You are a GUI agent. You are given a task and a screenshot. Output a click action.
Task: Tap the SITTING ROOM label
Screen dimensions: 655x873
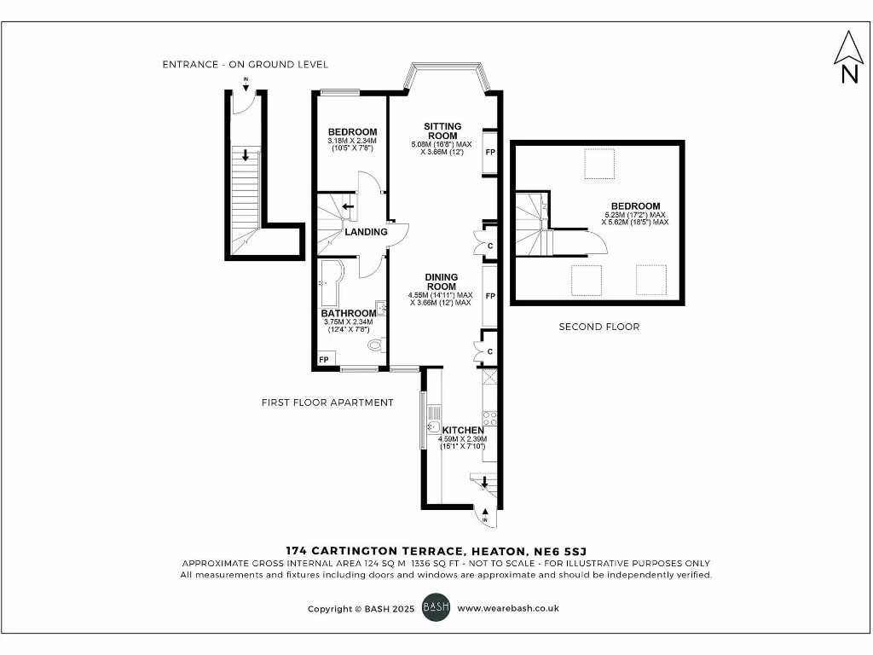[442, 131]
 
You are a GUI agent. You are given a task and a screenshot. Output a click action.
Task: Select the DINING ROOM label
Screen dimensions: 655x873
[442, 282]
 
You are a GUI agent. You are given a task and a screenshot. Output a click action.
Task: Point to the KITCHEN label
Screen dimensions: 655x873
[463, 431]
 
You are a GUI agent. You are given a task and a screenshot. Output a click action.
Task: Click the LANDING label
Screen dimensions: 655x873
[366, 232]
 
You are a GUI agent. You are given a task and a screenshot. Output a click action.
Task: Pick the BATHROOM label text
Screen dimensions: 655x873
[348, 314]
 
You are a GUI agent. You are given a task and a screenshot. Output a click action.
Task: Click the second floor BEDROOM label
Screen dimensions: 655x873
[635, 206]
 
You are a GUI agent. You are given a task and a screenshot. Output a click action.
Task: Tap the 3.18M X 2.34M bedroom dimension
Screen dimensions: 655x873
[352, 141]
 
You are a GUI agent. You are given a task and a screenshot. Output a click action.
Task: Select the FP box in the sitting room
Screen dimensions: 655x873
[490, 152]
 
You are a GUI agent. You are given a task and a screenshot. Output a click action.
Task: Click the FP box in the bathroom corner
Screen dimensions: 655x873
[324, 361]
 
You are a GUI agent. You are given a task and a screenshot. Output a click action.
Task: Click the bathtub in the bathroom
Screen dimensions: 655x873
[327, 284]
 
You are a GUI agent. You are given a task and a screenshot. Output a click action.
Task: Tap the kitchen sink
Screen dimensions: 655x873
[432, 426]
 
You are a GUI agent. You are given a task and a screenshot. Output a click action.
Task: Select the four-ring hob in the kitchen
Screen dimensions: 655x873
[490, 418]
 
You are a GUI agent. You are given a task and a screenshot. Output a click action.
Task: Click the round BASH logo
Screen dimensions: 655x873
[436, 609]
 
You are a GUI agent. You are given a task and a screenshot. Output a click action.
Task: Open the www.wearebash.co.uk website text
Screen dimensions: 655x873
[507, 609]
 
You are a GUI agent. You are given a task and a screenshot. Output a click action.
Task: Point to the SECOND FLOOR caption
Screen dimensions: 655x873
[598, 327]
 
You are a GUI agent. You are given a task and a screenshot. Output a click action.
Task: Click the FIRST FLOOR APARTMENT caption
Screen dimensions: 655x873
[327, 403]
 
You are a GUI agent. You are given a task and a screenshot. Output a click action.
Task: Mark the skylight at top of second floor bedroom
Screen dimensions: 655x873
[599, 163]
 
